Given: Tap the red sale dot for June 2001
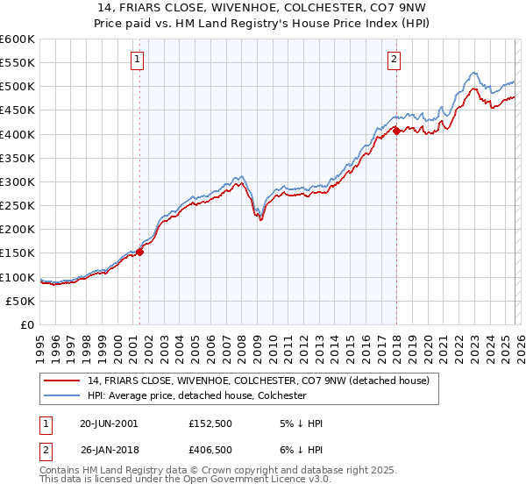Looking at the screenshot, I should [139, 252].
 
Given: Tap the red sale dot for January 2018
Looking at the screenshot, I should [396, 131].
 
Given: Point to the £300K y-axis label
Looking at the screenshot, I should [18, 181].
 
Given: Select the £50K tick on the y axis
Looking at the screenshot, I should [21, 301].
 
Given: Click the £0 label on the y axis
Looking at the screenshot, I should [28, 324].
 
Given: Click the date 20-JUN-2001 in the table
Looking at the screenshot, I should [110, 423].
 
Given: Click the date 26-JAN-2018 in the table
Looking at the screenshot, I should [110, 452].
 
